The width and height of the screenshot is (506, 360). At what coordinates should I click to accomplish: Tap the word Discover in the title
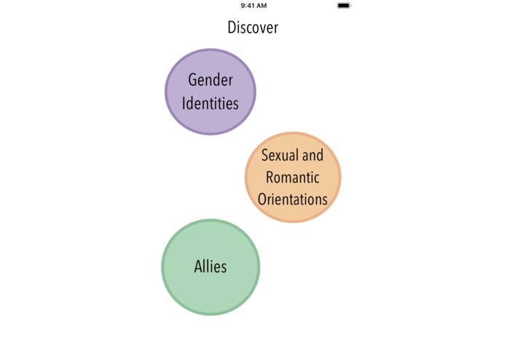pyautogui.click(x=253, y=28)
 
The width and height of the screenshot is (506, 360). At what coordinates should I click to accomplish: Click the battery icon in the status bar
pyautogui.click(x=344, y=6)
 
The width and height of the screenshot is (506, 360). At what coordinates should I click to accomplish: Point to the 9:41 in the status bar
pyautogui.click(x=248, y=6)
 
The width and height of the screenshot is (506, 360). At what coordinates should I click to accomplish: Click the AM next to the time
pyautogui.click(x=261, y=6)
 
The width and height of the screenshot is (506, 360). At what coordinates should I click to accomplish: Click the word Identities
pyautogui.click(x=210, y=103)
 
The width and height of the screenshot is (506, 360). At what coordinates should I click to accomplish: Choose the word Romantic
pyautogui.click(x=293, y=177)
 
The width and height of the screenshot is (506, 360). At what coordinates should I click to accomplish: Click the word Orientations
pyautogui.click(x=293, y=199)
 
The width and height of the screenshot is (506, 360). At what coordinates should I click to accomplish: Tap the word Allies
pyautogui.click(x=210, y=267)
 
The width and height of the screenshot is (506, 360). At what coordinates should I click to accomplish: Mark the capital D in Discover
pyautogui.click(x=232, y=28)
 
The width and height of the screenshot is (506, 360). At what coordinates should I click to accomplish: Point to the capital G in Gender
pyautogui.click(x=192, y=80)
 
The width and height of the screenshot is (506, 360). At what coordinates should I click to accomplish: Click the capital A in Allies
pyautogui.click(x=198, y=267)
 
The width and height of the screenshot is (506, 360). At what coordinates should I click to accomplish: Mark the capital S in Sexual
pyautogui.click(x=265, y=155)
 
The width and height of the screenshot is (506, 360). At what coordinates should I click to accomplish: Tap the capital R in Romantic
pyautogui.click(x=270, y=177)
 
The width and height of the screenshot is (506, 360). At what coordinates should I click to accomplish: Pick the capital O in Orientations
pyautogui.click(x=262, y=199)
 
